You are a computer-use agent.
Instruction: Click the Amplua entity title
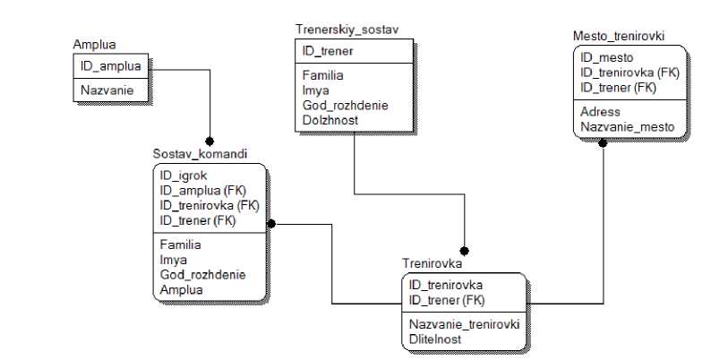click(x=94, y=45)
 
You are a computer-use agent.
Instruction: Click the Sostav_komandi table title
click(x=200, y=154)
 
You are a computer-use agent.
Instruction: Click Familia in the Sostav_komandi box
click(x=183, y=244)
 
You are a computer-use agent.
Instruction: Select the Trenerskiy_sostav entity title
click(x=347, y=30)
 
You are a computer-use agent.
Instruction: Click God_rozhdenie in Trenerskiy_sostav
click(x=345, y=104)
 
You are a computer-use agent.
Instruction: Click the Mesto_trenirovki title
click(x=618, y=36)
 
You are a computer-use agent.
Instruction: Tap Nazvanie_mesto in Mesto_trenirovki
click(x=627, y=127)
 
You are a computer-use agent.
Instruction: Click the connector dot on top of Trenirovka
click(x=464, y=252)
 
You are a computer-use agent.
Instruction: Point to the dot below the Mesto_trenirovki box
click(x=604, y=143)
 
